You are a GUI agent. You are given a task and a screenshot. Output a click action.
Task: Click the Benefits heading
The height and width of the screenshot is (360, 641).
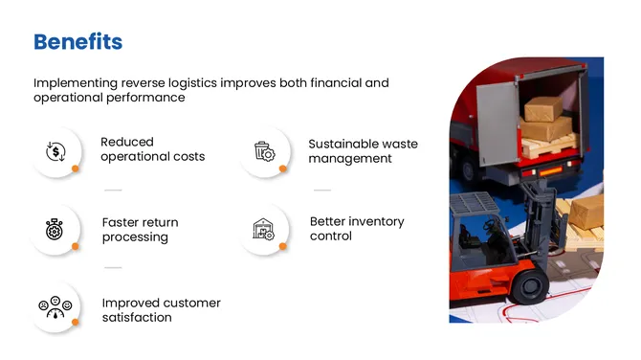(77, 42)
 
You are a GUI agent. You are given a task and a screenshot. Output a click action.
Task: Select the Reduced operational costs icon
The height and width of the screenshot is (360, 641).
(55, 151)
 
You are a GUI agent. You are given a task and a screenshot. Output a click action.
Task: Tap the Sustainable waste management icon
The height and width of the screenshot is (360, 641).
(264, 151)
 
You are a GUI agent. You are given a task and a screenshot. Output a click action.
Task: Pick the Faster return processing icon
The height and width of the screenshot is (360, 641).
(55, 230)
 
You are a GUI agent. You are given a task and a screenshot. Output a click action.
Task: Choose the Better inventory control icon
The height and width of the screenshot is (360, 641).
(263, 229)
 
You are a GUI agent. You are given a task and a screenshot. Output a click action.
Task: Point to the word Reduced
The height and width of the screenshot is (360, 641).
(127, 142)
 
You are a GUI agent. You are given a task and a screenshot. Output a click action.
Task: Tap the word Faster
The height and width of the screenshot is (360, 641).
(122, 222)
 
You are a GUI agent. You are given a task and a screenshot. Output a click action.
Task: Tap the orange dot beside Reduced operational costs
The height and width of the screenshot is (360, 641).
(75, 169)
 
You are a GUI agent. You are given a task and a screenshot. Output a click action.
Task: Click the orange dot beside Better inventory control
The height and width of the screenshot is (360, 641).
(283, 246)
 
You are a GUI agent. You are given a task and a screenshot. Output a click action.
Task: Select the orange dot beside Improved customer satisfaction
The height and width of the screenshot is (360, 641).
(75, 323)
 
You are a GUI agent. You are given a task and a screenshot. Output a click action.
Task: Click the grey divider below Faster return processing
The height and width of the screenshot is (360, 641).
(113, 267)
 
